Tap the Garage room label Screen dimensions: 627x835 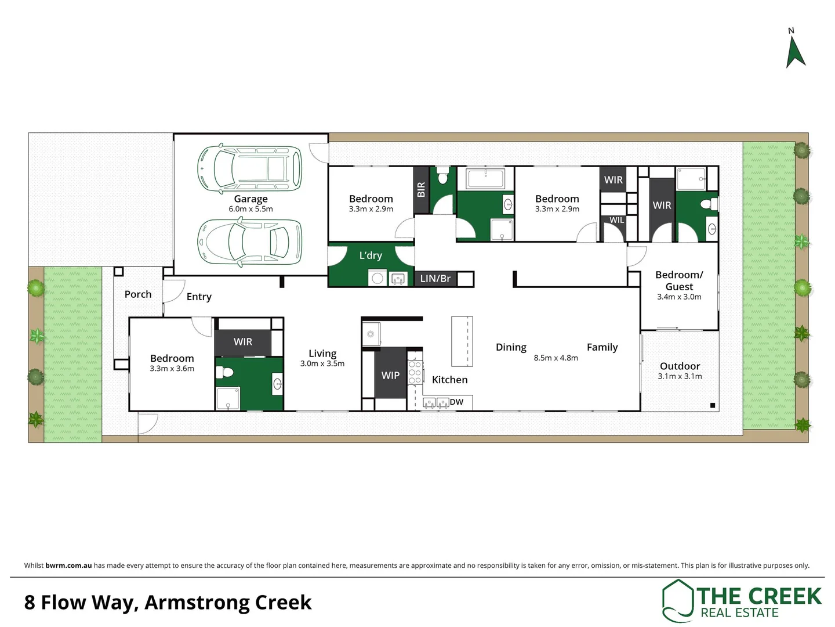[251, 199]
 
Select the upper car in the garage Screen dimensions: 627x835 [250, 168]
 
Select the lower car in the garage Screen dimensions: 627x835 [250, 243]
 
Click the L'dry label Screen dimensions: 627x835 [371, 255]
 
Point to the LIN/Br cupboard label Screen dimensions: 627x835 [435, 279]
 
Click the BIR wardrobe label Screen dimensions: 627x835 [421, 190]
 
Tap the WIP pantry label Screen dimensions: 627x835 [390, 376]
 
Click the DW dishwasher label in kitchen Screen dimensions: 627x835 [457, 402]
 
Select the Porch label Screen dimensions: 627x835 [138, 294]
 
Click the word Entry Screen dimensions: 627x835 [199, 297]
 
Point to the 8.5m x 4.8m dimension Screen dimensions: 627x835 [556, 358]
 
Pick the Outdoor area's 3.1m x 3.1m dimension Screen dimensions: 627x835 [680, 376]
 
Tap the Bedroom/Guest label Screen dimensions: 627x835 [679, 280]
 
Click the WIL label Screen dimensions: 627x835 [617, 220]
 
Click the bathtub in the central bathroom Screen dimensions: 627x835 [485, 179]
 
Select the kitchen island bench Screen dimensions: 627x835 [462, 341]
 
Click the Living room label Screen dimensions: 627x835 [322, 353]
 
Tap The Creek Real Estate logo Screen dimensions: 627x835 [742, 601]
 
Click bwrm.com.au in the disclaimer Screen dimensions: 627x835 [68, 565]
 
